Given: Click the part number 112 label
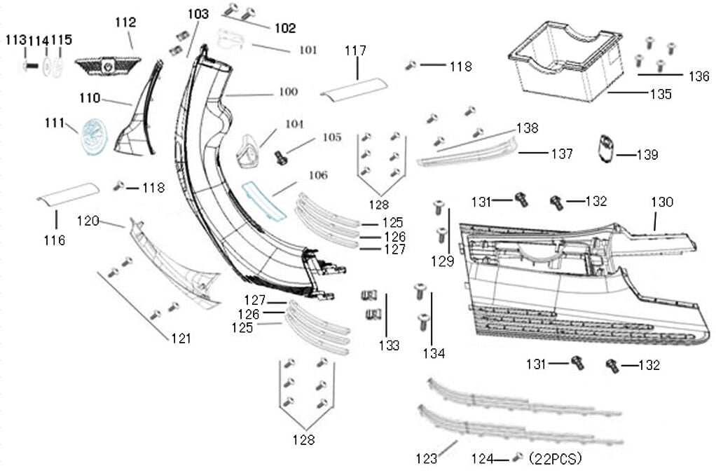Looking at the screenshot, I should (125, 23).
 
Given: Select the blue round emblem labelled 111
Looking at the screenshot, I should (95, 136).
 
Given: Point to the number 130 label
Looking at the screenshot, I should (661, 203).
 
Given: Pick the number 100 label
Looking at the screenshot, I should (288, 92).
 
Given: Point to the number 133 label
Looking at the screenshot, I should (389, 345).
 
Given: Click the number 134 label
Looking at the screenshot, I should (434, 353).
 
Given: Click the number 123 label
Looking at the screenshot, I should (426, 459).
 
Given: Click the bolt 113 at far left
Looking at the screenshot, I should (27, 66).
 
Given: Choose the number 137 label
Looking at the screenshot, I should (562, 154).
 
